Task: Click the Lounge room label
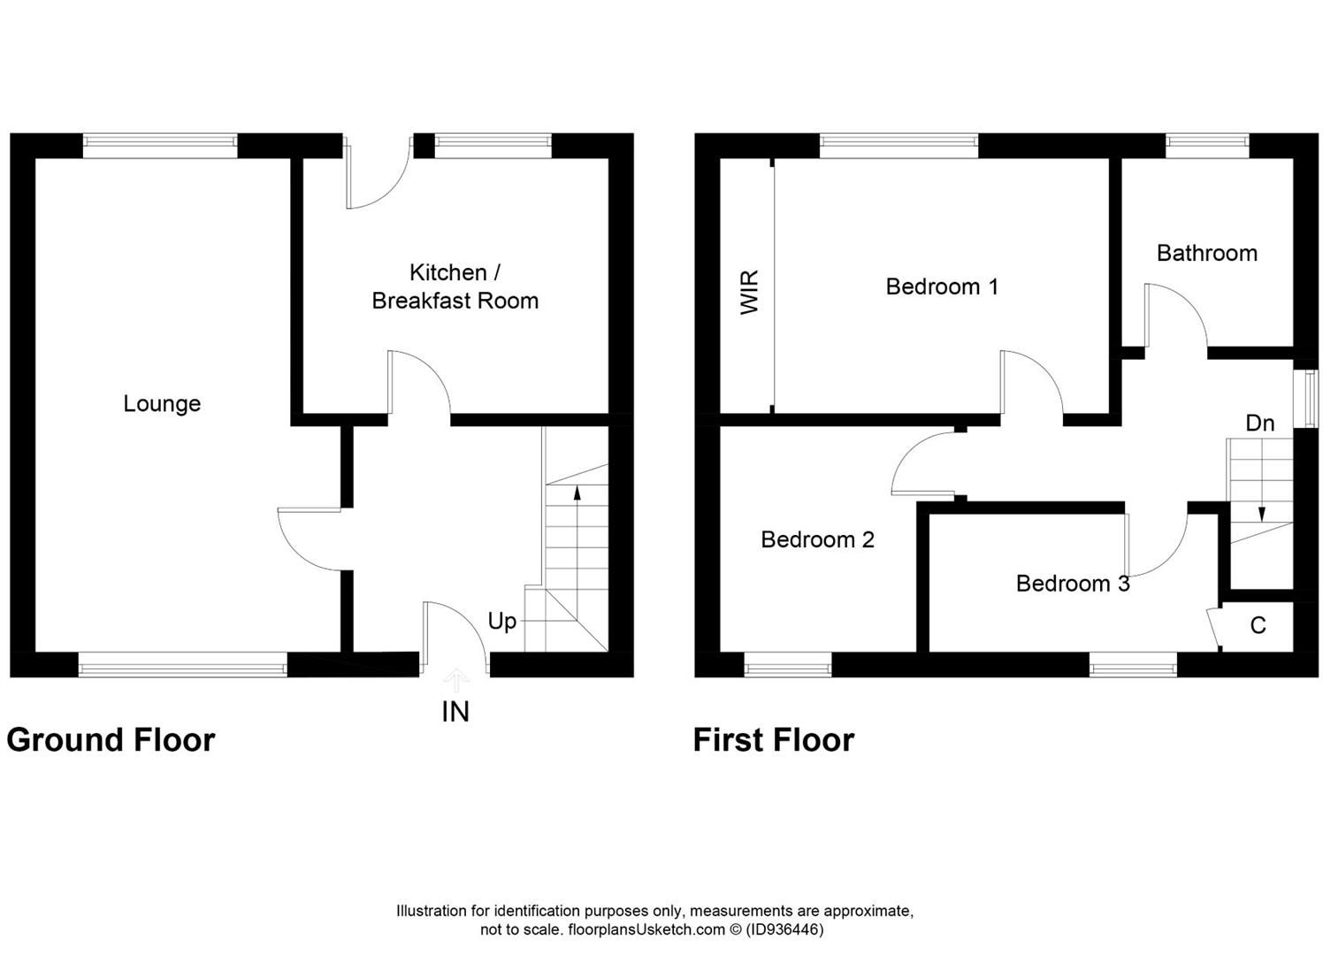pos(162,404)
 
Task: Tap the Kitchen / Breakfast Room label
pos(455,286)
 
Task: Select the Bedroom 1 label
pos(942,286)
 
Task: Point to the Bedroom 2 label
pos(817,539)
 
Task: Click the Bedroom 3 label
pos(1072,584)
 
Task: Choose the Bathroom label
pos(1206,254)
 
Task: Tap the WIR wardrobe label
pos(750,293)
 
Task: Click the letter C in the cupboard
pos(1258,626)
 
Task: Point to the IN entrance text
pos(455,712)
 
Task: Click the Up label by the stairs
pos(502,622)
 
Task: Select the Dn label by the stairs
pos(1259,424)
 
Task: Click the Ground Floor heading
pos(111,740)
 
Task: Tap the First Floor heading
pos(773,740)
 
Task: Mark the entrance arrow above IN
pos(456,679)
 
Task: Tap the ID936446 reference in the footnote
pos(785,930)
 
